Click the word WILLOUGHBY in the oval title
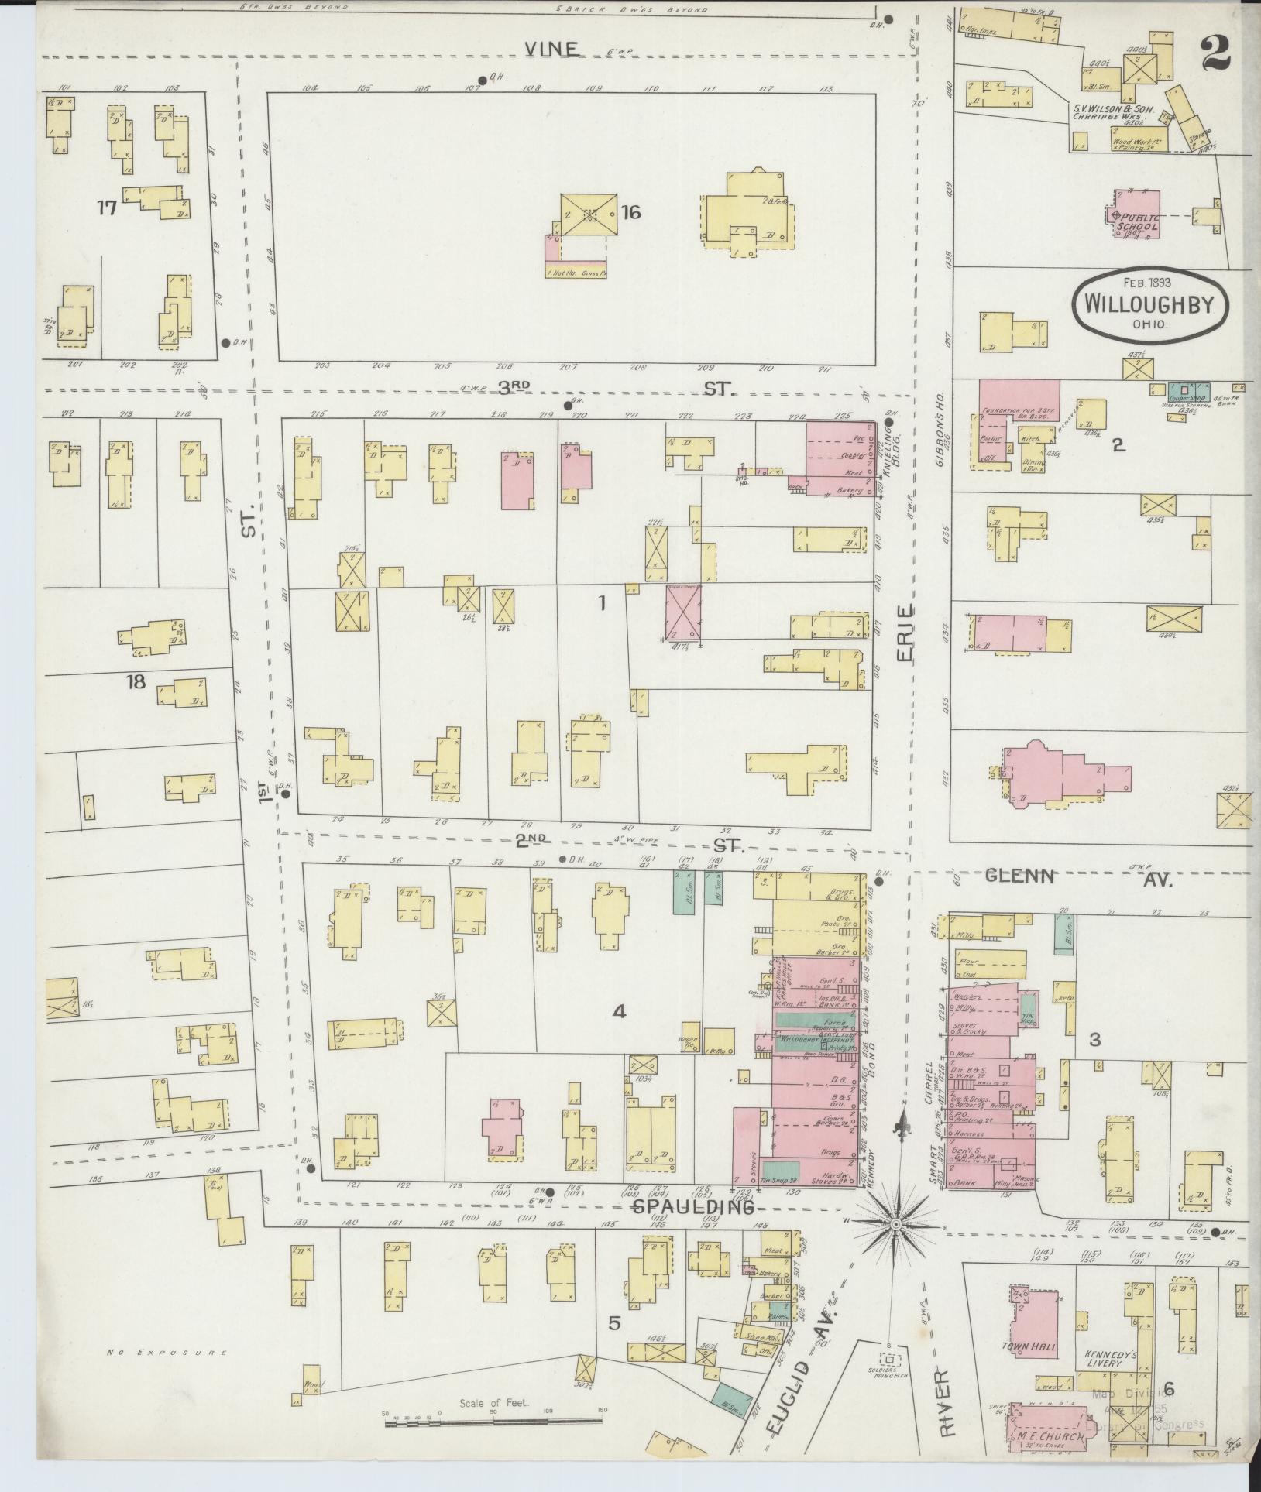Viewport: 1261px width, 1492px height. click(x=1151, y=302)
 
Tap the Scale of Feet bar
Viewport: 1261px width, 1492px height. click(x=493, y=1416)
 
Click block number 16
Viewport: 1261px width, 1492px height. click(x=630, y=211)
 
